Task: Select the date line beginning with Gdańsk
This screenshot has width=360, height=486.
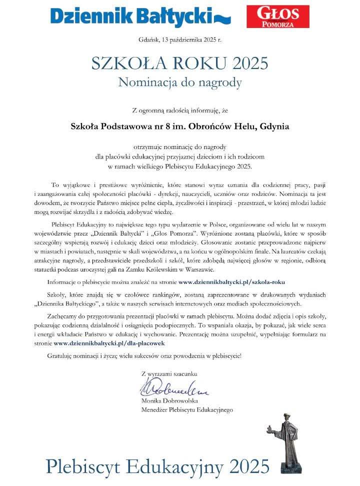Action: coord(179,39)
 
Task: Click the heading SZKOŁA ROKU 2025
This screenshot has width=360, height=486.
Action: coord(179,63)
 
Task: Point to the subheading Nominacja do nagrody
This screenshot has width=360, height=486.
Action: coord(179,82)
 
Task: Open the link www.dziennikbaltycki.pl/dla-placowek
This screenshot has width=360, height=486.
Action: coord(109,343)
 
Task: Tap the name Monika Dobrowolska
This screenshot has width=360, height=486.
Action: coord(170,401)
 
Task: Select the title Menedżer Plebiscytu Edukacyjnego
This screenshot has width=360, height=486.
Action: coord(187,410)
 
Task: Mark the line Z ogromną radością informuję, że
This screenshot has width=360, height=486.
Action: coord(179,109)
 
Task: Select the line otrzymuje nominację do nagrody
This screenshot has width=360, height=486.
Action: coord(179,146)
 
